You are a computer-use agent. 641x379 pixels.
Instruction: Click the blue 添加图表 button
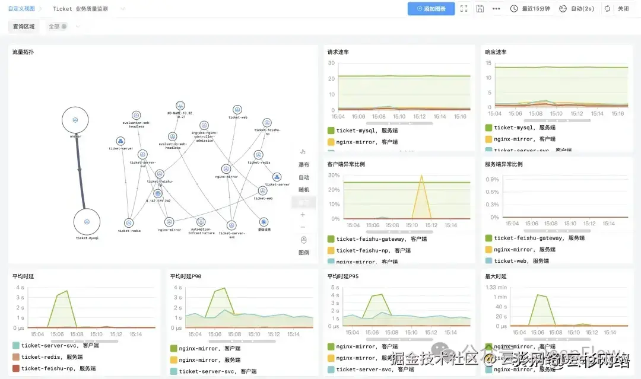point(431,9)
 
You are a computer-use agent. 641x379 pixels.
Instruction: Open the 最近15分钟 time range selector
point(531,9)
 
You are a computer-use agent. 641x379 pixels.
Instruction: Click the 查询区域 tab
point(24,27)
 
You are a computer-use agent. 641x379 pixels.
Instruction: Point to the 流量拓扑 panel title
point(23,52)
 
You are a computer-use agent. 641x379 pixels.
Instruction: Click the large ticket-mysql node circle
point(87,222)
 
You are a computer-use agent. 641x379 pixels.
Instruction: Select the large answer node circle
point(75,120)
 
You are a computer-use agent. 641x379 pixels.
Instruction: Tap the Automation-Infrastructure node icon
point(201,222)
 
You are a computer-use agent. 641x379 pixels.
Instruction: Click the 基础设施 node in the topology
point(264,222)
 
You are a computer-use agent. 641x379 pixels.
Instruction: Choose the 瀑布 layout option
point(304,164)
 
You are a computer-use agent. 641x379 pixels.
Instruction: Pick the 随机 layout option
point(304,190)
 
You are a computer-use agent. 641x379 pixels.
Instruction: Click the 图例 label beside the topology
point(304,253)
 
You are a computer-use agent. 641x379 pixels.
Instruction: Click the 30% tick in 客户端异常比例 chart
point(333,176)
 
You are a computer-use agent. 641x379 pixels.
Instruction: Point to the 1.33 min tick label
point(496,287)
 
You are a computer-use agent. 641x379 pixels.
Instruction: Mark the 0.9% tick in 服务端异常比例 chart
point(492,179)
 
